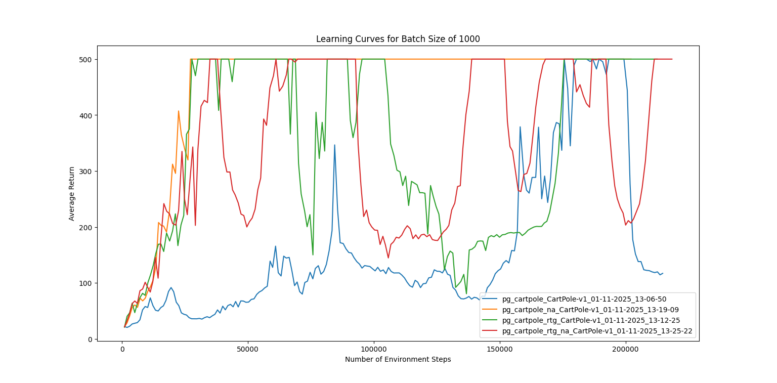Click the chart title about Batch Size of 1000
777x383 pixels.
point(398,39)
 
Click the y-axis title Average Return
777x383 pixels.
point(72,193)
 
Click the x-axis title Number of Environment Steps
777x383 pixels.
point(398,359)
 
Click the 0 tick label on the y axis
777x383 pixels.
point(89,339)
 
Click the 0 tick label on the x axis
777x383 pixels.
point(122,349)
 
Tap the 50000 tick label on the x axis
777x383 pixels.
point(248,349)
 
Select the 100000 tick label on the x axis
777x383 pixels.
point(374,349)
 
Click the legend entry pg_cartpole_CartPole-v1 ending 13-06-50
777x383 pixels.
point(587,299)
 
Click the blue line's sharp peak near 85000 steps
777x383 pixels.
point(334,145)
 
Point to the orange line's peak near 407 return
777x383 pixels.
point(179,111)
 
